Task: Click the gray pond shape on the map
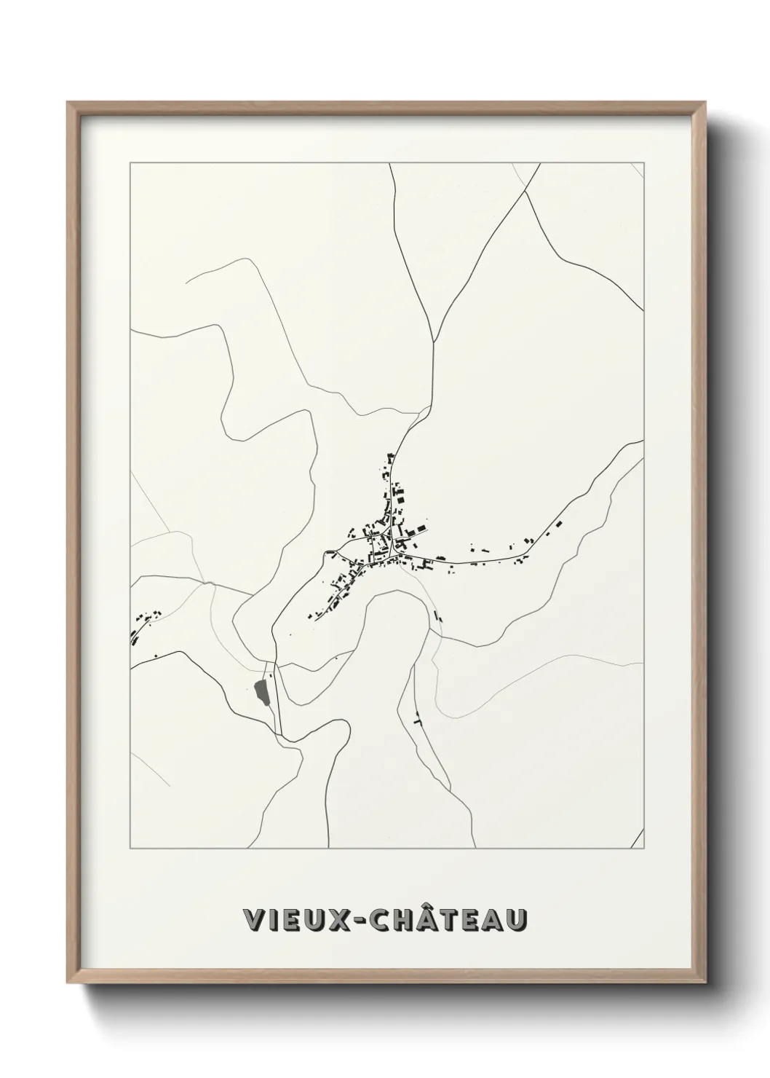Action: pos(262,690)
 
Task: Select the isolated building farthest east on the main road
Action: pos(559,523)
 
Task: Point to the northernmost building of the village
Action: pos(389,457)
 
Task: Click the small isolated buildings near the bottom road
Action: pos(417,717)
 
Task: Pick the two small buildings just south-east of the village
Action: pos(438,614)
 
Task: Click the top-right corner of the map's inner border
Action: pos(644,163)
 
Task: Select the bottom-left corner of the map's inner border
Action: pos(130,849)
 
